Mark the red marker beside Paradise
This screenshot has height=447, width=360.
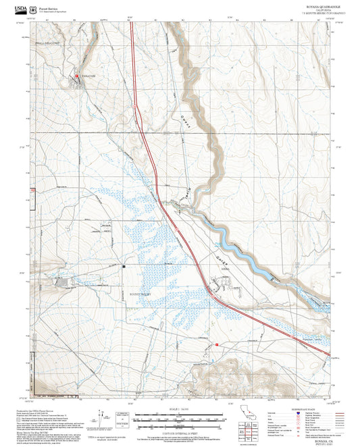(x=77, y=75)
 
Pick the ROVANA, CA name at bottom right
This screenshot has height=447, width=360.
(x=315, y=434)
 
